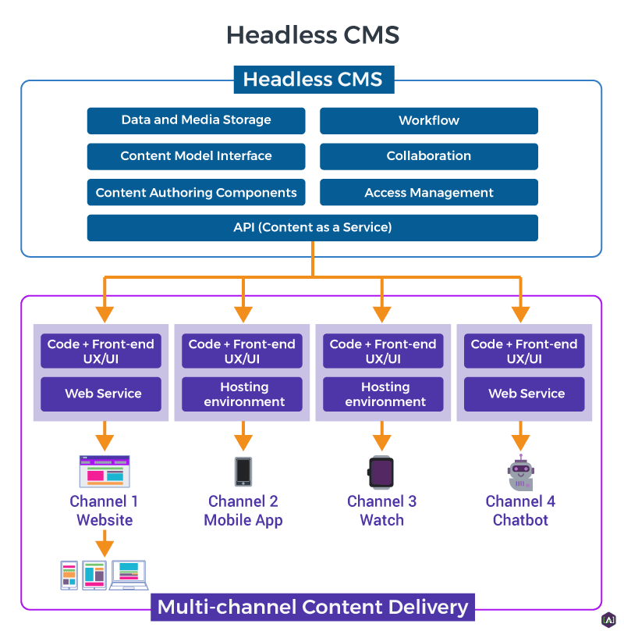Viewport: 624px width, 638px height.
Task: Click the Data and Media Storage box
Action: (x=196, y=120)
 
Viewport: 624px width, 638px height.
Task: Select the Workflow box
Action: (x=428, y=120)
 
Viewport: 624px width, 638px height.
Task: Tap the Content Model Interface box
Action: (x=196, y=156)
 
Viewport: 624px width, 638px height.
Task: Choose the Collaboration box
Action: (x=428, y=156)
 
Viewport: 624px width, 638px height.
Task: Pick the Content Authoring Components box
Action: (x=196, y=192)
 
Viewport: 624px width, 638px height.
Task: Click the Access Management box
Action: (x=428, y=192)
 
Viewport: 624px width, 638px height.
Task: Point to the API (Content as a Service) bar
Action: (x=312, y=227)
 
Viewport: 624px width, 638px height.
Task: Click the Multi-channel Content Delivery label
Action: (x=313, y=607)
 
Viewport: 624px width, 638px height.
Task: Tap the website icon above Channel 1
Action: (x=104, y=472)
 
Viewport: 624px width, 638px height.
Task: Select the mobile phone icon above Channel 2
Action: (x=243, y=472)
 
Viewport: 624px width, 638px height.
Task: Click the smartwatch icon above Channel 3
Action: (x=381, y=472)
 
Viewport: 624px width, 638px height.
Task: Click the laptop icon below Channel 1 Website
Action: (x=128, y=575)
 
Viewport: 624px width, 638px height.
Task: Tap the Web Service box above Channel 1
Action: (x=103, y=394)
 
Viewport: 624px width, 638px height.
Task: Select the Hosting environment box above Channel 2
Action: (x=244, y=394)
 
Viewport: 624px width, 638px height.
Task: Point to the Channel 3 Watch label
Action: (x=381, y=510)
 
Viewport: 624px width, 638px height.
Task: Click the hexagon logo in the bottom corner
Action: (x=608, y=620)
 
